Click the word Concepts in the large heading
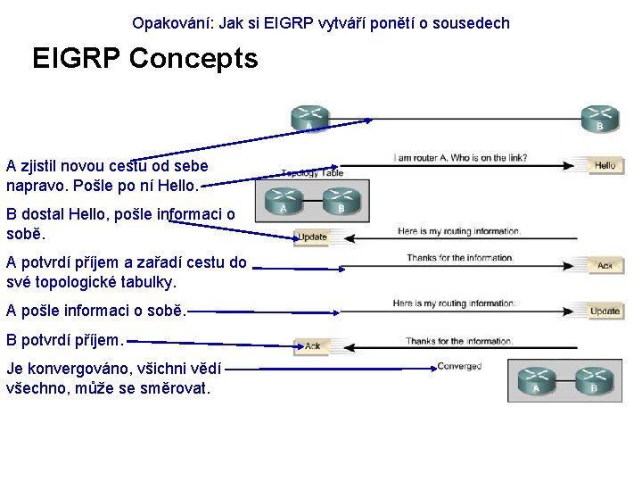193,59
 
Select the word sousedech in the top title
473,23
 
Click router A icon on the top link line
309,117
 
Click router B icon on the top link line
599,117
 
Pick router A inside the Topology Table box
283,202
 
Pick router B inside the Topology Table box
342,202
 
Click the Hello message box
605,165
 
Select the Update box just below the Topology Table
312,237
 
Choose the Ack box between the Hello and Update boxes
605,265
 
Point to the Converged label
459,366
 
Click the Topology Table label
311,173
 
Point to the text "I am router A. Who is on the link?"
460,159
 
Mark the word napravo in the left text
36,186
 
